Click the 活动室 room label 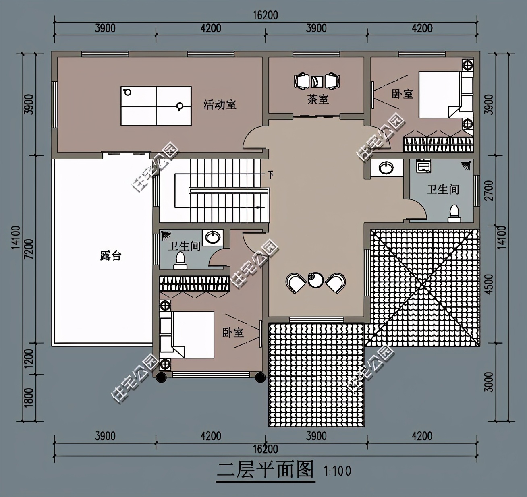220,105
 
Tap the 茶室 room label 318,99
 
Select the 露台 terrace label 111,255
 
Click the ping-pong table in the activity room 156,106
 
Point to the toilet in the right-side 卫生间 454,213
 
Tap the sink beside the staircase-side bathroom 213,237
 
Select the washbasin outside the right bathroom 386,168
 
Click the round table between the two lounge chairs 316,280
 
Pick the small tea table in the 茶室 317,81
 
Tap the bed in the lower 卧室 187,335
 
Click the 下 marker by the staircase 270,175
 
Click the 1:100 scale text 337,471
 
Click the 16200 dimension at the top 266,15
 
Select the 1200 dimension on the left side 29,358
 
